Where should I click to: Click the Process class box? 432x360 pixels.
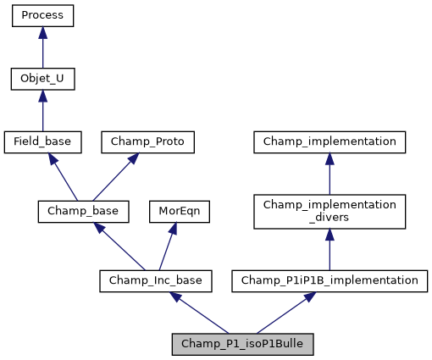[42, 16]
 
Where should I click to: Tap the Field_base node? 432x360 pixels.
[42, 141]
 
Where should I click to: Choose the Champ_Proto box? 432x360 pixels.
[148, 141]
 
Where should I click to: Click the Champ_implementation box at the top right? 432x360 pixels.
[330, 141]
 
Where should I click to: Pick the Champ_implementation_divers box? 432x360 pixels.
[330, 211]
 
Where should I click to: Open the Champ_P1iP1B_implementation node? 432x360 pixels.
[330, 280]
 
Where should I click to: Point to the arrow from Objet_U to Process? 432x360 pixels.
[42, 48]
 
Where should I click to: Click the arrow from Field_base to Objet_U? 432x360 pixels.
[42, 111]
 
